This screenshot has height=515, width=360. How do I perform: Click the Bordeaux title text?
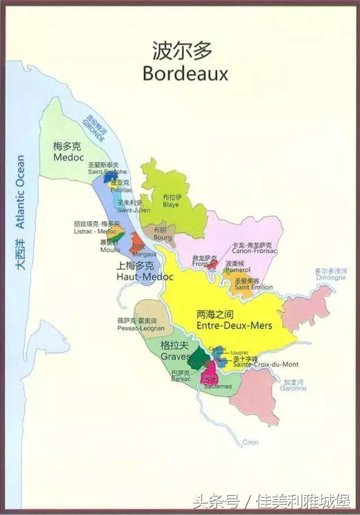point(185,73)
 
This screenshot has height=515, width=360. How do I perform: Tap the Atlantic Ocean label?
point(21,191)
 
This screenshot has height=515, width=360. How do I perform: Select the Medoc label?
point(68,158)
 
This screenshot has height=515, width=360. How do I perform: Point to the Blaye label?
point(171,205)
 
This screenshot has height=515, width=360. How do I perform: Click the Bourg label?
point(162,238)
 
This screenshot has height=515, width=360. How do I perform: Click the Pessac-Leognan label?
point(141,328)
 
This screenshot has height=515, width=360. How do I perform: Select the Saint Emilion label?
point(254,287)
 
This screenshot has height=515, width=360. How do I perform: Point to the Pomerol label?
point(237,270)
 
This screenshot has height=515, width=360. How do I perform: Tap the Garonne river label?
point(294,388)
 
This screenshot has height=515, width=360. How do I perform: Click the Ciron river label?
point(250,442)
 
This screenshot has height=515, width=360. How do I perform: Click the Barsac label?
point(181,379)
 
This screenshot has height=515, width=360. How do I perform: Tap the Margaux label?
point(145,254)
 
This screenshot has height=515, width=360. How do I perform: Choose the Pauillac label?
point(121,190)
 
